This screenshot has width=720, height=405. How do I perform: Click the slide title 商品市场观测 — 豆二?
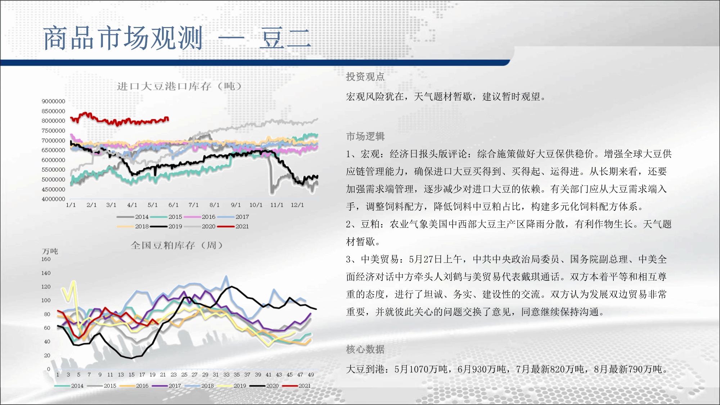tap(177, 38)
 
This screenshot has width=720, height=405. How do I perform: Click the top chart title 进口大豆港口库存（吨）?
tap(179, 86)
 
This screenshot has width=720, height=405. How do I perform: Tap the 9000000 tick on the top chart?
tap(53, 101)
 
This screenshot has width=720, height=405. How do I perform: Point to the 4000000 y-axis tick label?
tap(53, 199)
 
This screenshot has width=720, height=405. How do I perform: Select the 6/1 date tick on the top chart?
tap(174, 205)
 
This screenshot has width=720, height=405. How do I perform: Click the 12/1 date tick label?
tap(297, 205)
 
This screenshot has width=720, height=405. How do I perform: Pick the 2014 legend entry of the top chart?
tap(132, 217)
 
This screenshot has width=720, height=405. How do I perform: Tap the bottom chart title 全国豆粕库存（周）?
tap(177, 246)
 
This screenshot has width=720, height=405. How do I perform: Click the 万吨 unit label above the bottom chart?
tap(50, 251)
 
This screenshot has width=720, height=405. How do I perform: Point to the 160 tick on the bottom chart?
tap(46, 259)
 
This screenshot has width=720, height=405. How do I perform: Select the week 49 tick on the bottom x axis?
tap(311, 375)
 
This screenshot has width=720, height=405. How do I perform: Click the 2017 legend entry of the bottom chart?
tap(166, 386)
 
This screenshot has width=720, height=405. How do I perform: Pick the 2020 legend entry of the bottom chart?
tap(264, 386)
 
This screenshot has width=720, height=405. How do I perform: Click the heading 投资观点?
tap(365, 77)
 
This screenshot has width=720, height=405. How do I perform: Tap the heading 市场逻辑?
tap(365, 136)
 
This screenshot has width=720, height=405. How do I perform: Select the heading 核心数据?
tap(365, 349)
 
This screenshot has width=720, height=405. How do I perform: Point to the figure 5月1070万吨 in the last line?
tap(421, 369)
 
